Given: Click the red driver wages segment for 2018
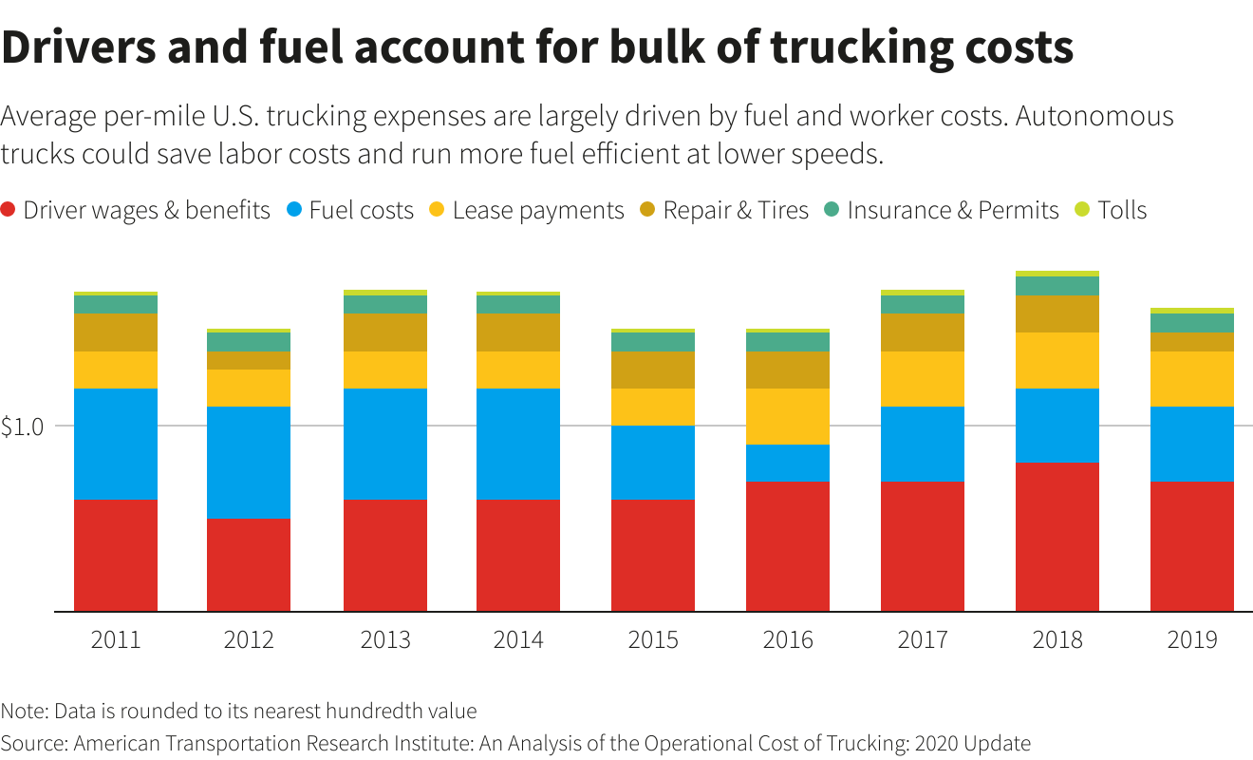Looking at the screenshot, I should [1057, 537].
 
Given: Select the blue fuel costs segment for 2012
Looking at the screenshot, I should [249, 463].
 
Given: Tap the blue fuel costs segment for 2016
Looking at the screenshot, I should [788, 464].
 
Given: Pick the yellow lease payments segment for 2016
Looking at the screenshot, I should [788, 416].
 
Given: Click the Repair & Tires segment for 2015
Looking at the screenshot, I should [653, 370].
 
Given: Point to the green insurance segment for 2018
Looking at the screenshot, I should [1057, 286].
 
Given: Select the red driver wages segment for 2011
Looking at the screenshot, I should [116, 555].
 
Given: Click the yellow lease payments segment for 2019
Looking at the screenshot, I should [1192, 379].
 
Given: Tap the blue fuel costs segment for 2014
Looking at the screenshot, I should [518, 444].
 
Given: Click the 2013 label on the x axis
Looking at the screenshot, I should [385, 639].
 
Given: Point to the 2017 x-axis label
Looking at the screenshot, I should [923, 639].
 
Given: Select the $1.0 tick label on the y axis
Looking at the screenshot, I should [23, 427].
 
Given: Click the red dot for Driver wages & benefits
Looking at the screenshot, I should [9, 210].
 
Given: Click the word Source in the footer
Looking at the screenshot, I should [33, 743].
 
